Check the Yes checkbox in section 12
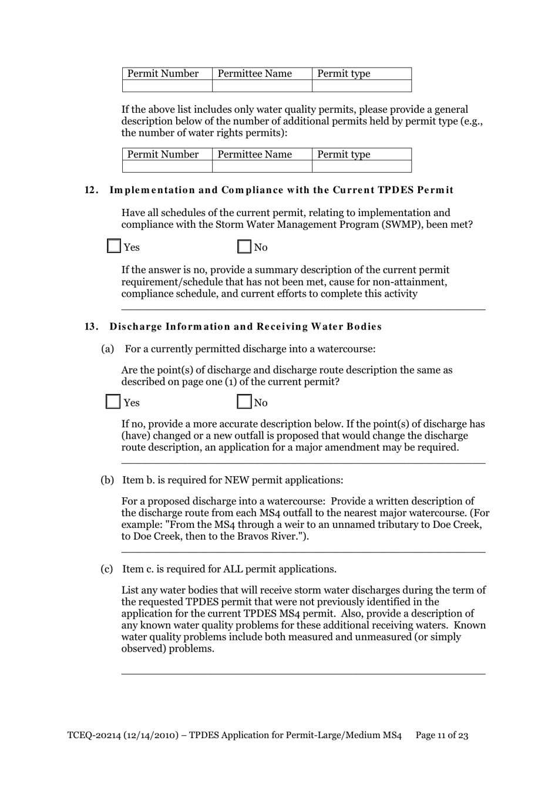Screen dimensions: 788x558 click(x=114, y=247)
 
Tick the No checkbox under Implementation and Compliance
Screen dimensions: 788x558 click(x=244, y=247)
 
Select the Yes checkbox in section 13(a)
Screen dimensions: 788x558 click(x=113, y=402)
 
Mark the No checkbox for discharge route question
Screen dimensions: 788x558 click(x=244, y=402)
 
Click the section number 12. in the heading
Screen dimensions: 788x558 click(x=92, y=190)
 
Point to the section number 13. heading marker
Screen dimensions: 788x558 click(x=92, y=326)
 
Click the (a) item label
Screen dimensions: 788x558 click(x=107, y=349)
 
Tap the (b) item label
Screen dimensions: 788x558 click(x=107, y=480)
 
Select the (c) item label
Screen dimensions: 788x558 click(x=107, y=569)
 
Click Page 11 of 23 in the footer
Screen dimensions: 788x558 click(x=442, y=735)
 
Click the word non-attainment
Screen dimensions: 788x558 click(x=412, y=282)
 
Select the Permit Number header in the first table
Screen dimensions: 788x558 click(x=163, y=73)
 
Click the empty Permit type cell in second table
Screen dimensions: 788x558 click(x=361, y=166)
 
